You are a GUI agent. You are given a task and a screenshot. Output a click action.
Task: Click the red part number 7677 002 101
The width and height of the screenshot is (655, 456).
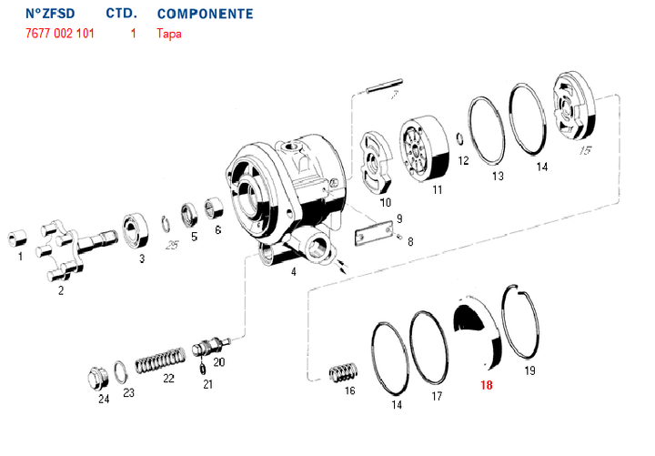59,34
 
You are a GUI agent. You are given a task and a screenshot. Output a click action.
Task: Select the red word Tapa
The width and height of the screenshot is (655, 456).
169,34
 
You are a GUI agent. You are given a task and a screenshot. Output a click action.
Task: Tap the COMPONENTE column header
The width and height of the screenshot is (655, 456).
205,15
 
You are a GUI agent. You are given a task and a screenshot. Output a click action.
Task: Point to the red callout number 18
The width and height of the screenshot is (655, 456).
486,385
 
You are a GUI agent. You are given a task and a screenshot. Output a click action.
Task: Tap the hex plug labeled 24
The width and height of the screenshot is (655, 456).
96,379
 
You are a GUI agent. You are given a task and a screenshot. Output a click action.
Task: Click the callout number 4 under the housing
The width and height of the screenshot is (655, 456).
293,271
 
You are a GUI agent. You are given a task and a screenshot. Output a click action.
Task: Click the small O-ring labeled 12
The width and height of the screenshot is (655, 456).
460,139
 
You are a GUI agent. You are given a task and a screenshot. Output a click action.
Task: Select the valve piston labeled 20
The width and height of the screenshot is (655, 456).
211,349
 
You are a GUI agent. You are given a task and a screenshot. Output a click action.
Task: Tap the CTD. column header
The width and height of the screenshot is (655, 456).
121,15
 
